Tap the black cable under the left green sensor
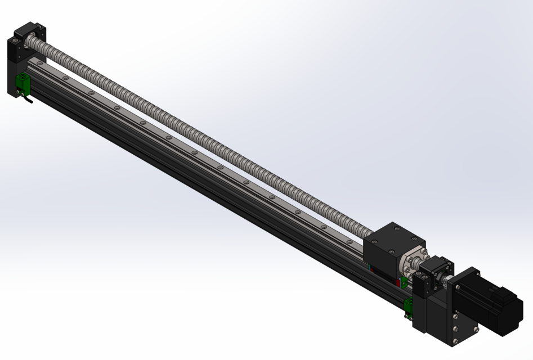(28, 101)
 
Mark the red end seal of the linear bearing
(398, 282)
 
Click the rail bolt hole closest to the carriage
(350, 241)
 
